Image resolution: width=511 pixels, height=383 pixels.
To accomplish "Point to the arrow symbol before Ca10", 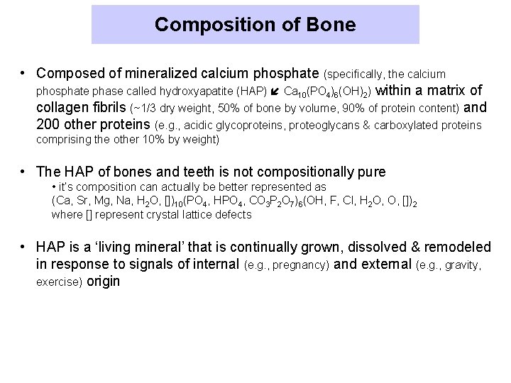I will pos(275,91).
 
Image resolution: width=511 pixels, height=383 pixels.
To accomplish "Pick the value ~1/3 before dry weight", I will pos(145,109).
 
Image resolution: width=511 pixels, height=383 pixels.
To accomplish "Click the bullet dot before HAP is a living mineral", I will pos(24,247).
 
